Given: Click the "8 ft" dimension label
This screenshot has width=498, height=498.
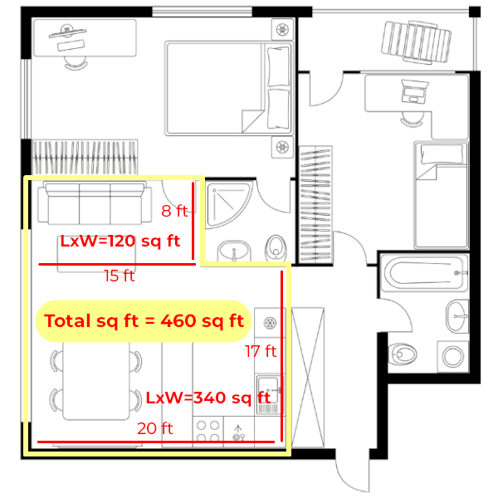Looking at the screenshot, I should pyautogui.click(x=173, y=211).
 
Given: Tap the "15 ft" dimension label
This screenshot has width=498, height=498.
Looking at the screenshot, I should pyautogui.click(x=119, y=276).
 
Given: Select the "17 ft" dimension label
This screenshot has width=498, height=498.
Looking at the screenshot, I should pyautogui.click(x=261, y=351).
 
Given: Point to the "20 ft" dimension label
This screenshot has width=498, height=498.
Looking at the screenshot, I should pyautogui.click(x=155, y=428).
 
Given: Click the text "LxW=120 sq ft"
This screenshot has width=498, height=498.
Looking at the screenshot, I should pyautogui.click(x=120, y=242).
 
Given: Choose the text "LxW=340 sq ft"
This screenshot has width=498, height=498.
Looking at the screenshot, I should pyautogui.click(x=205, y=398).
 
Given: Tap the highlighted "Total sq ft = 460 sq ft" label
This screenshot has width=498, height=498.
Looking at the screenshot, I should pyautogui.click(x=144, y=321).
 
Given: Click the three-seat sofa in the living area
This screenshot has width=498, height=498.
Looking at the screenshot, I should pyautogui.click(x=90, y=204).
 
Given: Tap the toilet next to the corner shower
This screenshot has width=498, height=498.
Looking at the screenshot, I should pyautogui.click(x=276, y=247).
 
